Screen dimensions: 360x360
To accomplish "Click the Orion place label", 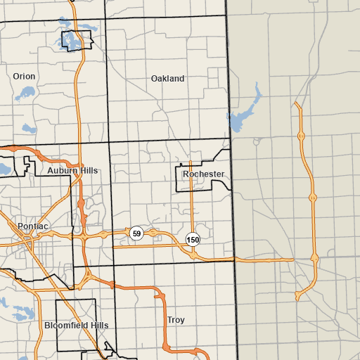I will [x=24, y=76].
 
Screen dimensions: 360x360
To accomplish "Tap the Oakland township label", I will [x=167, y=79].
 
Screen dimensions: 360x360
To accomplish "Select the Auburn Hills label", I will [x=73, y=171].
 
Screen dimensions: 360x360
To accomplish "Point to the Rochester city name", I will [x=203, y=174].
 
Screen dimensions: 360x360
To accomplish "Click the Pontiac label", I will [x=33, y=226].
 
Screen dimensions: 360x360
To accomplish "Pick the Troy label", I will [x=176, y=320].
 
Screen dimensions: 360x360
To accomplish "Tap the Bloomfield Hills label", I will [x=76, y=326].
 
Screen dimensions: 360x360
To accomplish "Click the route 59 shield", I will [x=136, y=233].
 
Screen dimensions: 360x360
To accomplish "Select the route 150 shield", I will [x=193, y=240].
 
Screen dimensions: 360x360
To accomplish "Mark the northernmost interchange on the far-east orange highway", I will [x=301, y=135].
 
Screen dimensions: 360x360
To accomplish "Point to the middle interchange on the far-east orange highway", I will [x=312, y=198].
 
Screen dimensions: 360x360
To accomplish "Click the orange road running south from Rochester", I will [x=192, y=211].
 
